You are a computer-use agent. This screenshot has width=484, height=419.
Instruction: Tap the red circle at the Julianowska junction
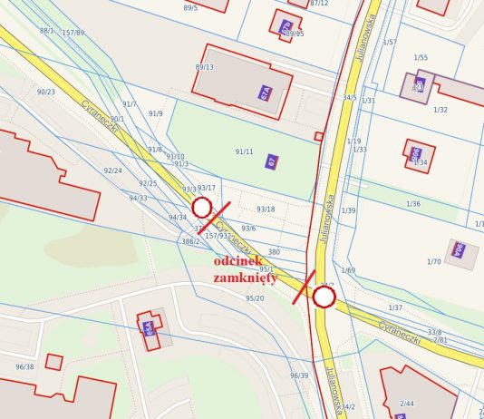[x=324, y=297]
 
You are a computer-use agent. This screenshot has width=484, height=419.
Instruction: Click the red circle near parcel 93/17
[x=202, y=207]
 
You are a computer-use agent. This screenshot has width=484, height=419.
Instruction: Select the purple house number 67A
[x=265, y=93]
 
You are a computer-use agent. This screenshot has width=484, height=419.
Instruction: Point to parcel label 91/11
[x=244, y=151]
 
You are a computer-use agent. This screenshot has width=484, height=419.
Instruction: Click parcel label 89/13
[x=204, y=67]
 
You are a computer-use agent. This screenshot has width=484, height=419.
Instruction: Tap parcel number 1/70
[x=432, y=262]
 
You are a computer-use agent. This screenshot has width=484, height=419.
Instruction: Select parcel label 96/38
[x=24, y=367]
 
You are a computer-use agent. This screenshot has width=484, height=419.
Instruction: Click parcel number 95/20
[x=255, y=298]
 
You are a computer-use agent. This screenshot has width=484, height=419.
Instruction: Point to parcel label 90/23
[x=45, y=92]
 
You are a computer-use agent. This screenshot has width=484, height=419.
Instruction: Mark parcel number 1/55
[x=421, y=58]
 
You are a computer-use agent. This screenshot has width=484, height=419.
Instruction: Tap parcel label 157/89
[x=73, y=33]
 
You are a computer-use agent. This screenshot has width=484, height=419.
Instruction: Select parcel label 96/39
[x=299, y=375]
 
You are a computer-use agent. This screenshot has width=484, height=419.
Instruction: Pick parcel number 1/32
[x=440, y=110]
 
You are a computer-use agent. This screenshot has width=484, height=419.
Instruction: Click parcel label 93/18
[x=266, y=209]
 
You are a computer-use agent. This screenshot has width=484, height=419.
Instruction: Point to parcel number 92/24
[x=112, y=171]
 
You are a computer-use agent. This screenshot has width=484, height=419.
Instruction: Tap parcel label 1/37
[x=395, y=308]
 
